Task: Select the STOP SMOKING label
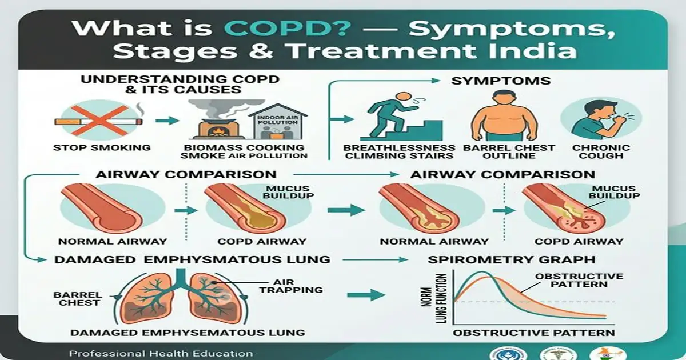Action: pos(94,147)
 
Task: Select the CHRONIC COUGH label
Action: pos(601,151)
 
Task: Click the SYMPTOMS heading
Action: pos(501,81)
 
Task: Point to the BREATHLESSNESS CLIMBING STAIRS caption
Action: pos(399,151)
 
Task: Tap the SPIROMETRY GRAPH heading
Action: pos(512,259)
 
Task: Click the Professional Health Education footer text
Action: pos(161,353)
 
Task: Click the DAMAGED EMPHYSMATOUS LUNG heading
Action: pos(192,259)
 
